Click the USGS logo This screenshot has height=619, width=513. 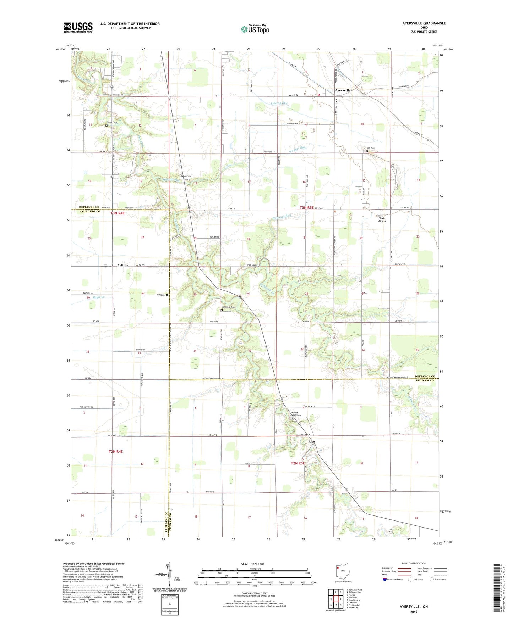78,27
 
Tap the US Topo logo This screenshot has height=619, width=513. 255,29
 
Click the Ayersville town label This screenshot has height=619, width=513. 343,90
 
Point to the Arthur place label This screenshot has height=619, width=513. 122,265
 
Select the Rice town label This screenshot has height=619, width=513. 311,442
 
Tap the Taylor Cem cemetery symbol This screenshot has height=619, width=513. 106,125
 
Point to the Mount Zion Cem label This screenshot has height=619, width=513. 296,414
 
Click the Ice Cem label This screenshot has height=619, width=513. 161,295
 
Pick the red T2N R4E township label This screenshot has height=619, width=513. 116,452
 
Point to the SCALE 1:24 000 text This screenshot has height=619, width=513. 252,564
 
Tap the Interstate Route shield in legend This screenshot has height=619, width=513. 385,579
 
